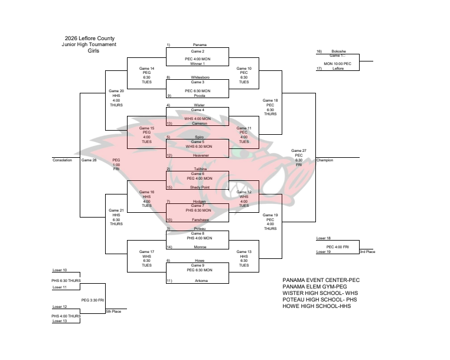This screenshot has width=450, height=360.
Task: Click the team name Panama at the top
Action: pos(200,45)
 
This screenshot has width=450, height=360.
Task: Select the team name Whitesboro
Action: pos(200,77)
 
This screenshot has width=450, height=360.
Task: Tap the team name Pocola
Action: pos(200,95)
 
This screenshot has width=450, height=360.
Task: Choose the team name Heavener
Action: pos(200,155)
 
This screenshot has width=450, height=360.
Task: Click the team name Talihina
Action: pos(200,168)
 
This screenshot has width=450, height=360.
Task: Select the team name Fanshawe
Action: pos(200,219)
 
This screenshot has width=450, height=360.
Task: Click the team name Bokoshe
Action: pos(338,51)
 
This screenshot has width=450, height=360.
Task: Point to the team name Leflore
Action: pos(338,69)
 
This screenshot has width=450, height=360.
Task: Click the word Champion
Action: pos(325,160)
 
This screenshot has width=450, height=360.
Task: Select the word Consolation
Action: pos(62,160)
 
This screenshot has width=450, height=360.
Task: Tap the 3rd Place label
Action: pos(367,252)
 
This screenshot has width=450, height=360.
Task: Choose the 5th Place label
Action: pos(113,311)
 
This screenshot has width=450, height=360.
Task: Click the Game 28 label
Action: pos(88,160)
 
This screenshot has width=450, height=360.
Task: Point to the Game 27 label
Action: pos(299,151)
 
